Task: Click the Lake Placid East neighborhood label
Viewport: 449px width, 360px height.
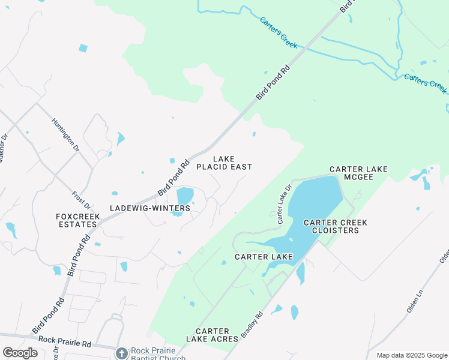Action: click(224, 163)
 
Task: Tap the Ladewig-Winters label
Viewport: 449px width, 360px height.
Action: click(150, 208)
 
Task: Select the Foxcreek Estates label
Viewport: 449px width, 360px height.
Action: click(76, 220)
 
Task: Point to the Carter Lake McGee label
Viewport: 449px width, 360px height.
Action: click(359, 173)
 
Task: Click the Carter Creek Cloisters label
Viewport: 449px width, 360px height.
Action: click(336, 226)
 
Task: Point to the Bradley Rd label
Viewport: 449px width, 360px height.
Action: click(252, 323)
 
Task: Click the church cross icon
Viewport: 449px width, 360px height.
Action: click(122, 353)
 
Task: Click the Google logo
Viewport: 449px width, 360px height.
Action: click(20, 352)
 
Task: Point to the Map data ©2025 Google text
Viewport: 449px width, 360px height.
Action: click(412, 355)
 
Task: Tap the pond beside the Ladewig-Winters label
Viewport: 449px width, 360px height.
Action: click(185, 196)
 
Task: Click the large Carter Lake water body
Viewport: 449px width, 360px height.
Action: click(312, 204)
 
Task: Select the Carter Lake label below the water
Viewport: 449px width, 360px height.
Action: click(264, 257)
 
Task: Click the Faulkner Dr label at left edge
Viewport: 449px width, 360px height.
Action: click(4, 147)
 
